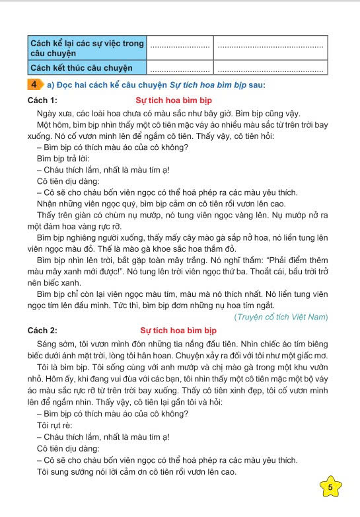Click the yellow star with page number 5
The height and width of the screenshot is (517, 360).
pos(330,487)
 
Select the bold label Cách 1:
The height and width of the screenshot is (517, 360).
pos(43,100)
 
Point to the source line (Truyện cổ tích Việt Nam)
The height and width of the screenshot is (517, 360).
pos(281,317)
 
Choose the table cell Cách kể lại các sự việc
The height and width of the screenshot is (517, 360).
pos(87,48)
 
